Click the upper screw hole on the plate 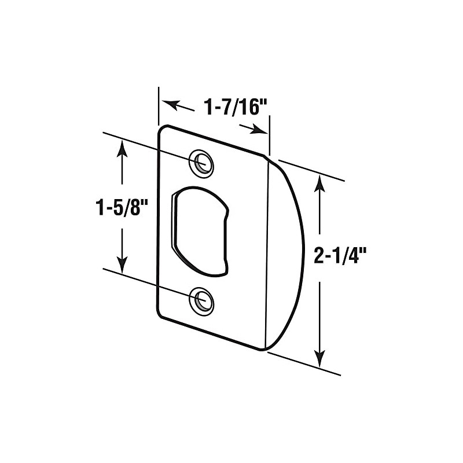coord(201,162)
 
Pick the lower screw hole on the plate coord(201,301)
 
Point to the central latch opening coord(198,230)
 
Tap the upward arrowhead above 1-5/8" coord(122,147)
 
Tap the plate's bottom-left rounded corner coord(161,315)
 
